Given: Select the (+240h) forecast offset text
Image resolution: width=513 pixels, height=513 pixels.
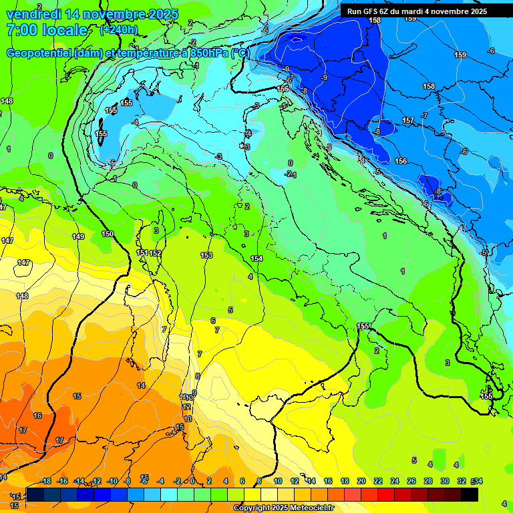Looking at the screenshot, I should pyautogui.click(x=120, y=30).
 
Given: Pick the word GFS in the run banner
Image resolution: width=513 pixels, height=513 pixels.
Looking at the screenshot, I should pyautogui.click(x=371, y=11).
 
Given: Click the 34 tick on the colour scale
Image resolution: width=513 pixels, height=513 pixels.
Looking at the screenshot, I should pyautogui.click(x=478, y=481).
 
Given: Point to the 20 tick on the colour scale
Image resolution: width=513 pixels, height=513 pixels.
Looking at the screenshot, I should pyautogui.click(x=361, y=481).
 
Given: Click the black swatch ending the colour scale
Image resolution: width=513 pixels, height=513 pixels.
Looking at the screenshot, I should pyautogui.click(x=470, y=494).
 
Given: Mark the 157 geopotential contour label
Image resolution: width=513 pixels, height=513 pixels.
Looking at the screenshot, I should pyautogui.click(x=408, y=120).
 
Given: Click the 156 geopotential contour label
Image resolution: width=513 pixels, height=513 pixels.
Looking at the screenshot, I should pyautogui.click(x=401, y=161).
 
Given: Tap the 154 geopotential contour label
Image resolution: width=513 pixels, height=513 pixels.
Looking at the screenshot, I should pyautogui.click(x=256, y=259).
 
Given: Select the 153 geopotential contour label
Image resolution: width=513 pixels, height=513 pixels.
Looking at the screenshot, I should pyautogui.click(x=206, y=255).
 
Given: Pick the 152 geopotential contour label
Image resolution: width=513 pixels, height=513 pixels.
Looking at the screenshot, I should pyautogui.click(x=155, y=253).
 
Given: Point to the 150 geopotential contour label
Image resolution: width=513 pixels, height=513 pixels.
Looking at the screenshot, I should pyautogui.click(x=108, y=234).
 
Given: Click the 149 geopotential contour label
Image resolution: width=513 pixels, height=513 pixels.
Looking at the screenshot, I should pyautogui.click(x=78, y=236).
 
